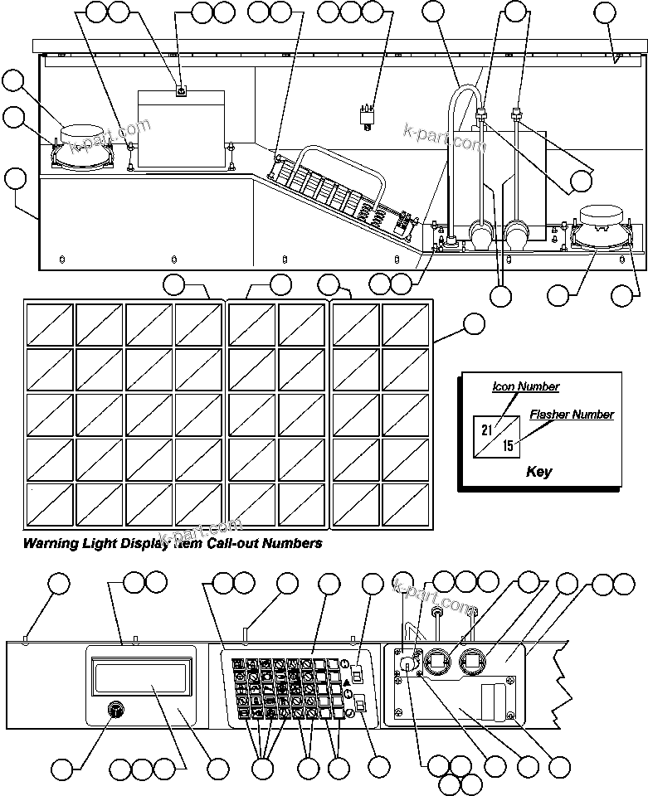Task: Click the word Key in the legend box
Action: click(x=538, y=472)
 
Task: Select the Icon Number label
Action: click(x=525, y=386)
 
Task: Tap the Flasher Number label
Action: click(x=572, y=415)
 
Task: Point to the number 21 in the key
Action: click(x=487, y=430)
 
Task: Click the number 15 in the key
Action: click(x=508, y=445)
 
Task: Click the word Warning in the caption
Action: click(x=52, y=544)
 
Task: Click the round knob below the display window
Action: click(x=115, y=711)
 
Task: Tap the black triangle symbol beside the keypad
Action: click(x=347, y=682)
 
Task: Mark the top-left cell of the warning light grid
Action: click(x=49, y=324)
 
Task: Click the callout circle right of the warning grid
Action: click(x=473, y=324)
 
